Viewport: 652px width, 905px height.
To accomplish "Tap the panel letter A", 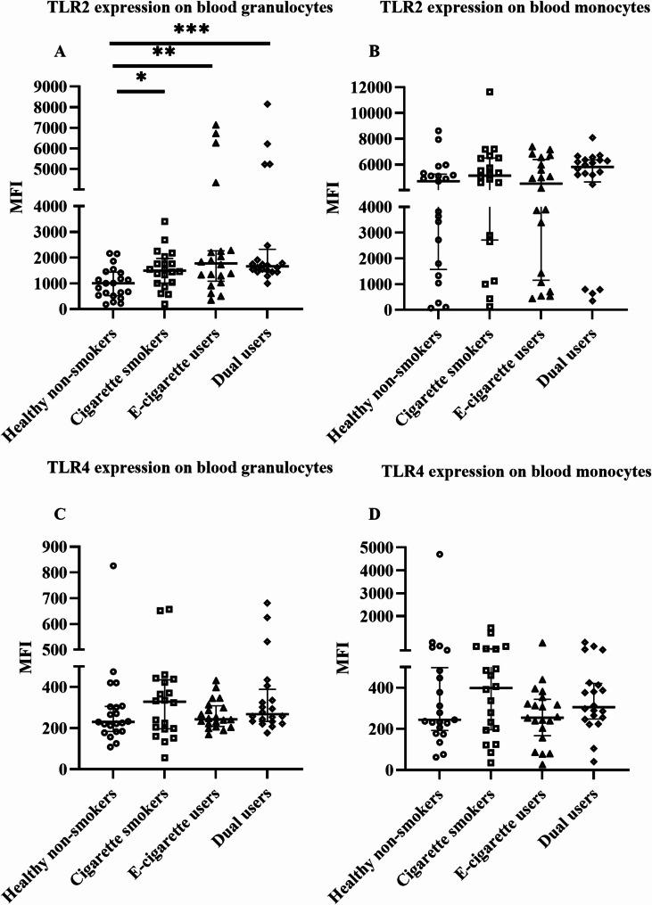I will (x=61, y=52).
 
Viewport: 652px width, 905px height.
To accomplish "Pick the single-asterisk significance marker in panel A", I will (x=141, y=78).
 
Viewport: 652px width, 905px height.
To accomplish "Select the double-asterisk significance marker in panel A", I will (x=164, y=53).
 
